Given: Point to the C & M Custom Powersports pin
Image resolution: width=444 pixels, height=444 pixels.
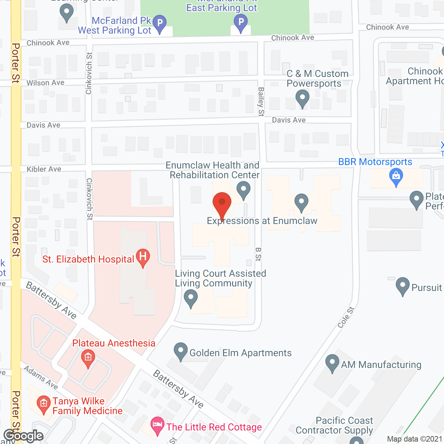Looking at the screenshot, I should tap(302, 98).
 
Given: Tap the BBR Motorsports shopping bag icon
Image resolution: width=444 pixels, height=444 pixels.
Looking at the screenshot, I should tap(396, 177).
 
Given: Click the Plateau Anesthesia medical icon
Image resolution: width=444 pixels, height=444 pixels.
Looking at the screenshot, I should tap(88, 358).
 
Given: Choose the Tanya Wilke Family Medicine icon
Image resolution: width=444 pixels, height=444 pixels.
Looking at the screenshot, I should tap(43, 404).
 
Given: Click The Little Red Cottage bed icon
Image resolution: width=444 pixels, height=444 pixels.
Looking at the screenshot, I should tap(157, 425).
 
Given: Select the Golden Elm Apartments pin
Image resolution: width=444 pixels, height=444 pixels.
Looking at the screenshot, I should tap(180, 351).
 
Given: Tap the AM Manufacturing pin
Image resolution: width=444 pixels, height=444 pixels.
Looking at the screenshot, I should tap(332, 362).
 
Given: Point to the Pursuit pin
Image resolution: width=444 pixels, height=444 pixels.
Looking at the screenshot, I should tap(402, 286).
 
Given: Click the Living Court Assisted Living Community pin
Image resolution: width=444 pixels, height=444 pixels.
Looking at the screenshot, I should tap(190, 298).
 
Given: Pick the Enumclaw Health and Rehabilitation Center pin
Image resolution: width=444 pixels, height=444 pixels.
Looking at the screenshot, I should tap(244, 189).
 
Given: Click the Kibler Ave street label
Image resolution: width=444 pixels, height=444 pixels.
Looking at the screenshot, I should tap(44, 169).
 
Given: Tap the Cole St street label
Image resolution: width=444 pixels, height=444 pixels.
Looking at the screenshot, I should tap(346, 317).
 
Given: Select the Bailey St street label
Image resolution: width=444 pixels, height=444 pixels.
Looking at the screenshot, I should tap(261, 102).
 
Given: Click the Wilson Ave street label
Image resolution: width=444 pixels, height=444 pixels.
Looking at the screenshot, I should tap(45, 83).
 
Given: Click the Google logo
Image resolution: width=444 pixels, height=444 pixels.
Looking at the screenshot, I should tap(24, 436).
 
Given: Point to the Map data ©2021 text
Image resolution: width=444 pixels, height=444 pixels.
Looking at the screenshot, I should tap(415, 439).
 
